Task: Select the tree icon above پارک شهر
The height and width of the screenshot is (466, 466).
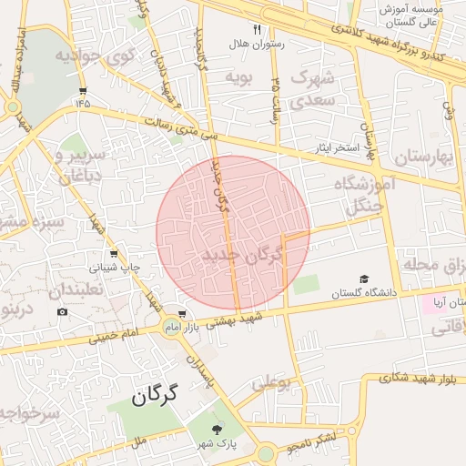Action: tap(217, 430)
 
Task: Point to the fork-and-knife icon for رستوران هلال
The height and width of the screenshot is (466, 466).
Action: tap(258, 30)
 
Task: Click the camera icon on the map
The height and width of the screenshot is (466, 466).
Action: tap(62, 312)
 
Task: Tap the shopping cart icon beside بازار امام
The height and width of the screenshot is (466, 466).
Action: tap(183, 315)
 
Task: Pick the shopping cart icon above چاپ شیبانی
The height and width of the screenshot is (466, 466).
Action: tap(113, 254)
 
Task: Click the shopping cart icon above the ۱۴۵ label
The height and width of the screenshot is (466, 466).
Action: tap(84, 90)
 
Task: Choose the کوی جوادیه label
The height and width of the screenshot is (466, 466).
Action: tap(95, 56)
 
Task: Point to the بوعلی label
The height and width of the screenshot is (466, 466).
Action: tap(271, 385)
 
